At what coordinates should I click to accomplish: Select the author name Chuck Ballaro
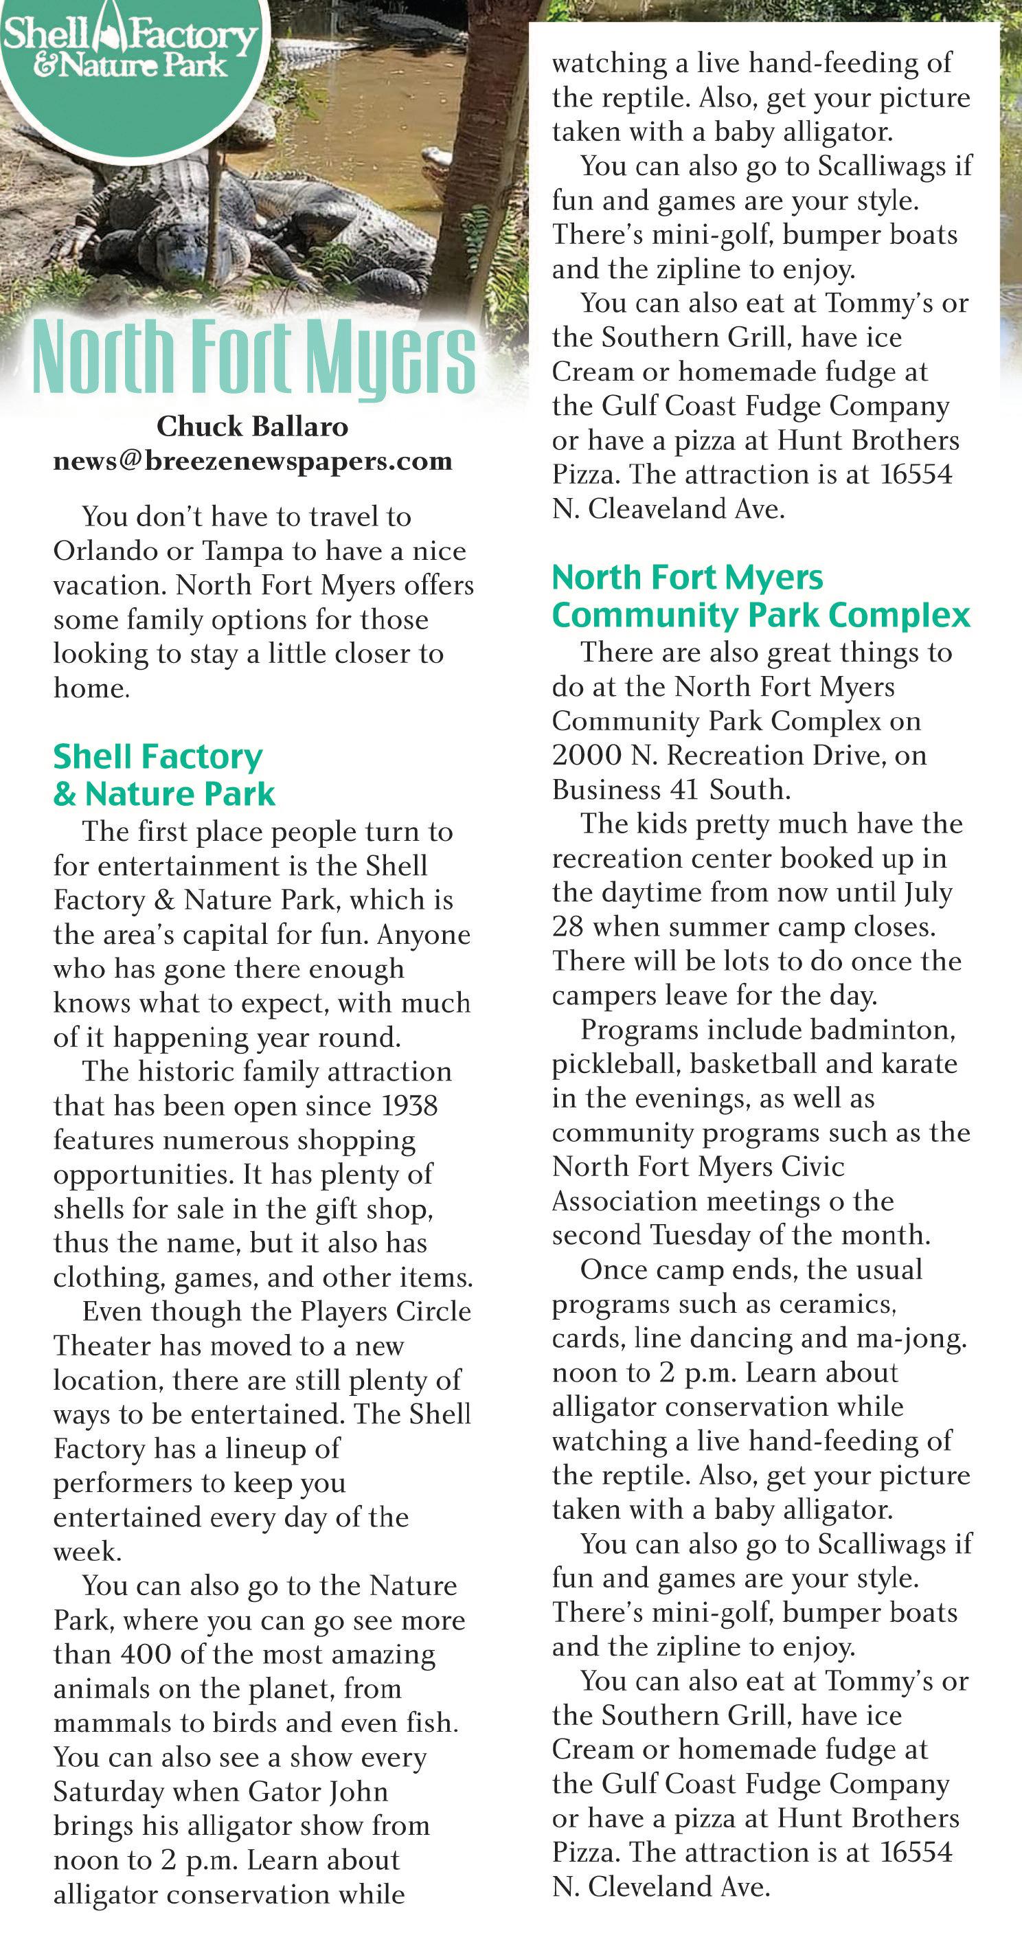(253, 427)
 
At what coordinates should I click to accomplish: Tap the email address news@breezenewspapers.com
(253, 461)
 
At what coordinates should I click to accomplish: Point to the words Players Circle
(385, 1312)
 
